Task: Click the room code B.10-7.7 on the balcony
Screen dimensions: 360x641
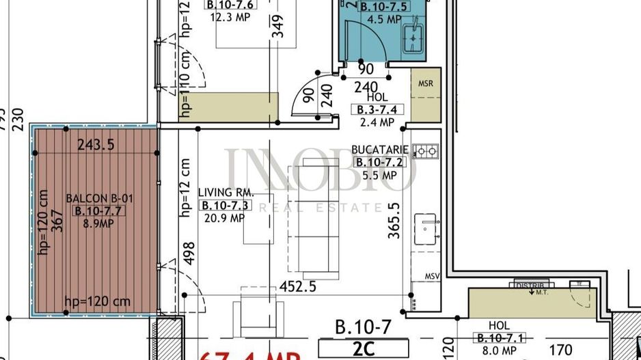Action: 96,210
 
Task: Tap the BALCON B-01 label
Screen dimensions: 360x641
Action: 95,199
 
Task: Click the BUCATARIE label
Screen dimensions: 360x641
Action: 380,150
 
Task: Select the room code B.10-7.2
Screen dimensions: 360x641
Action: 380,163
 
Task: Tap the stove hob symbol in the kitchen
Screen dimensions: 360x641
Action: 428,150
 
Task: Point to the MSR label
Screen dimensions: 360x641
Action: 426,84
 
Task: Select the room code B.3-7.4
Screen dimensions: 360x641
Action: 377,109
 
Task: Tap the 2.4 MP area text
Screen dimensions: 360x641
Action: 377,122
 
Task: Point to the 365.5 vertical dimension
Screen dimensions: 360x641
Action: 393,219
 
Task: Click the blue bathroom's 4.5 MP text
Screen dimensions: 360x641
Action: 383,20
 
